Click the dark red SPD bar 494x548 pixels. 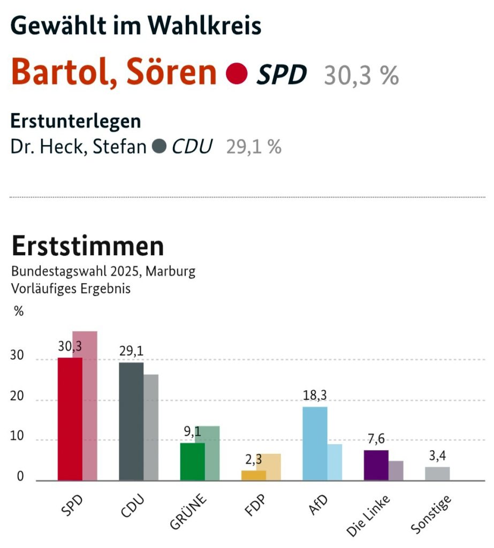[x=70, y=418]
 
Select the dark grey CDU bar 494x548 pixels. [x=131, y=422]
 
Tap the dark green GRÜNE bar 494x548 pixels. [x=192, y=461]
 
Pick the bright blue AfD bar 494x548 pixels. [x=315, y=443]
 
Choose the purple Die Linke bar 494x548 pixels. [x=376, y=465]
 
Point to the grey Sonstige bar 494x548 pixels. [x=437, y=474]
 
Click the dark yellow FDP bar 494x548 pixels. [x=253, y=475]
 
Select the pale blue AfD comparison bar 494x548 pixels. [x=335, y=462]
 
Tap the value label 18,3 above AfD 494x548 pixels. [x=315, y=395]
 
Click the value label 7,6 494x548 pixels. [x=376, y=439]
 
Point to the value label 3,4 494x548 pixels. [x=437, y=456]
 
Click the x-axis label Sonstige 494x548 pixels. [x=431, y=516]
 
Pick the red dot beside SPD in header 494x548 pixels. [x=237, y=74]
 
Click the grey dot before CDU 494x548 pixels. [x=158, y=146]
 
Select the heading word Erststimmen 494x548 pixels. [x=88, y=246]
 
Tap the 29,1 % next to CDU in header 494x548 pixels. [x=254, y=147]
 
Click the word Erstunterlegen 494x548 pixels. [x=76, y=121]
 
